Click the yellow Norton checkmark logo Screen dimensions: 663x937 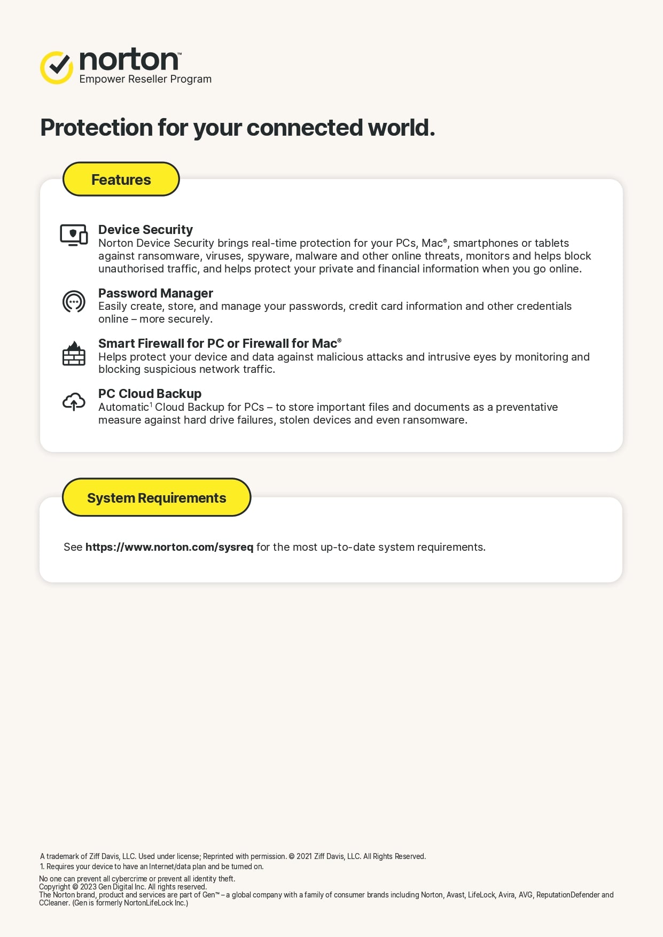pos(57,68)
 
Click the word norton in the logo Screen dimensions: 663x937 pos(129,60)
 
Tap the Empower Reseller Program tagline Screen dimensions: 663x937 pos(145,79)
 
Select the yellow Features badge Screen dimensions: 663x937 pos(121,179)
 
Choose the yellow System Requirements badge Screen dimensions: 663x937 pos(157,498)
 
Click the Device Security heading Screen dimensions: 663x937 pos(145,230)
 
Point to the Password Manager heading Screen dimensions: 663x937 pos(155,293)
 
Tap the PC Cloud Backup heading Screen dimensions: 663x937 pos(150,394)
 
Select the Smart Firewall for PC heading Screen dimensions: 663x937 pos(219,343)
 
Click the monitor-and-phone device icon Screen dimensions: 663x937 pos(74,235)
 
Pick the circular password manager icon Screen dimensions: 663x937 pos(74,302)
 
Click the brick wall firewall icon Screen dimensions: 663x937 pos(74,354)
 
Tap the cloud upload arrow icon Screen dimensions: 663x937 pos(74,402)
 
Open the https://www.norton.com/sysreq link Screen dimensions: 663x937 pos(169,547)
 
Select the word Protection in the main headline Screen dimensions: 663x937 pos(97,128)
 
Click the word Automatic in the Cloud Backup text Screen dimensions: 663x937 pos(123,408)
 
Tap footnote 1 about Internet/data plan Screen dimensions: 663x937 pos(152,866)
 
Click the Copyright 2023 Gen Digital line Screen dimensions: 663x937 pos(123,887)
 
